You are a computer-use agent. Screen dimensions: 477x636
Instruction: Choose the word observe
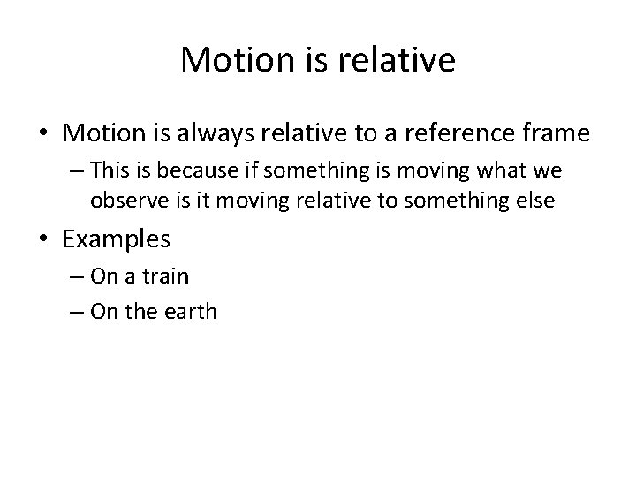(125, 201)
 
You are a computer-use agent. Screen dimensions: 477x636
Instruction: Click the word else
(534, 201)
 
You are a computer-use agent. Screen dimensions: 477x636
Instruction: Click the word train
(165, 277)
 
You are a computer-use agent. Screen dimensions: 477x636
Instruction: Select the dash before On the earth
(72, 312)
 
